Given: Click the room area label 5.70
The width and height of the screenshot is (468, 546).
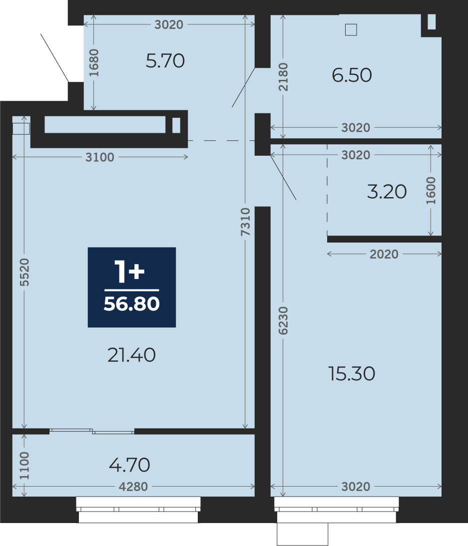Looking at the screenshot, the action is point(165,61).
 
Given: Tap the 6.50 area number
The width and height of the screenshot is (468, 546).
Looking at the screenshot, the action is point(352,75).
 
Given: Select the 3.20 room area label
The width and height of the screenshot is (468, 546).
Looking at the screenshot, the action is point(387,192).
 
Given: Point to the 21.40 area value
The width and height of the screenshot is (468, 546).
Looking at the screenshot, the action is point(131,355).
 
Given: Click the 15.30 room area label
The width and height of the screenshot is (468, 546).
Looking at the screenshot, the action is point(352,374).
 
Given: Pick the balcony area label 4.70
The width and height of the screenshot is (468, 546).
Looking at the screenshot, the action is point(129,465).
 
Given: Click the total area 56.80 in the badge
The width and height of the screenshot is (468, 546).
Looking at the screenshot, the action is point(132,303).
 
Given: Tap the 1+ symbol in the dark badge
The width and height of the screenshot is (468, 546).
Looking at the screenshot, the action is point(129,273).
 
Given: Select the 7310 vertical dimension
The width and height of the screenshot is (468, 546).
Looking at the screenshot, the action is point(246,222).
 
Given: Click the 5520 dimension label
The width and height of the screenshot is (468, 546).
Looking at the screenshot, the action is point(24,273).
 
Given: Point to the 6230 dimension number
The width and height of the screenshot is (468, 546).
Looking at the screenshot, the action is point(283,321).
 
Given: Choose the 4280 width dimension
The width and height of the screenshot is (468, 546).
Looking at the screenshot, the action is point(133,487).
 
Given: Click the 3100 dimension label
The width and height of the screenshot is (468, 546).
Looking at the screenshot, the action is point(100,157).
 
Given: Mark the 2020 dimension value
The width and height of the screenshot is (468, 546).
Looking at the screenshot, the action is point(384,254).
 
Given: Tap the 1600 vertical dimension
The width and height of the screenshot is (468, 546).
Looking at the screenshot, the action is point(431,191).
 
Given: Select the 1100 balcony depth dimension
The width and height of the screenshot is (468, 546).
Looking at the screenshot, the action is point(24,466).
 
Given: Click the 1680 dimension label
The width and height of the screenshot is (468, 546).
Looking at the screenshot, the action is point(94,63).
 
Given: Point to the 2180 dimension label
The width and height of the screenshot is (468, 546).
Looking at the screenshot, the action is point(283,77).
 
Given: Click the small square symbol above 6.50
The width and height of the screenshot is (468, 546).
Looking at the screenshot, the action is point(351,29).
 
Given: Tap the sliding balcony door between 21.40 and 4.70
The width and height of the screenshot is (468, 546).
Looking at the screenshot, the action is point(92,431).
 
